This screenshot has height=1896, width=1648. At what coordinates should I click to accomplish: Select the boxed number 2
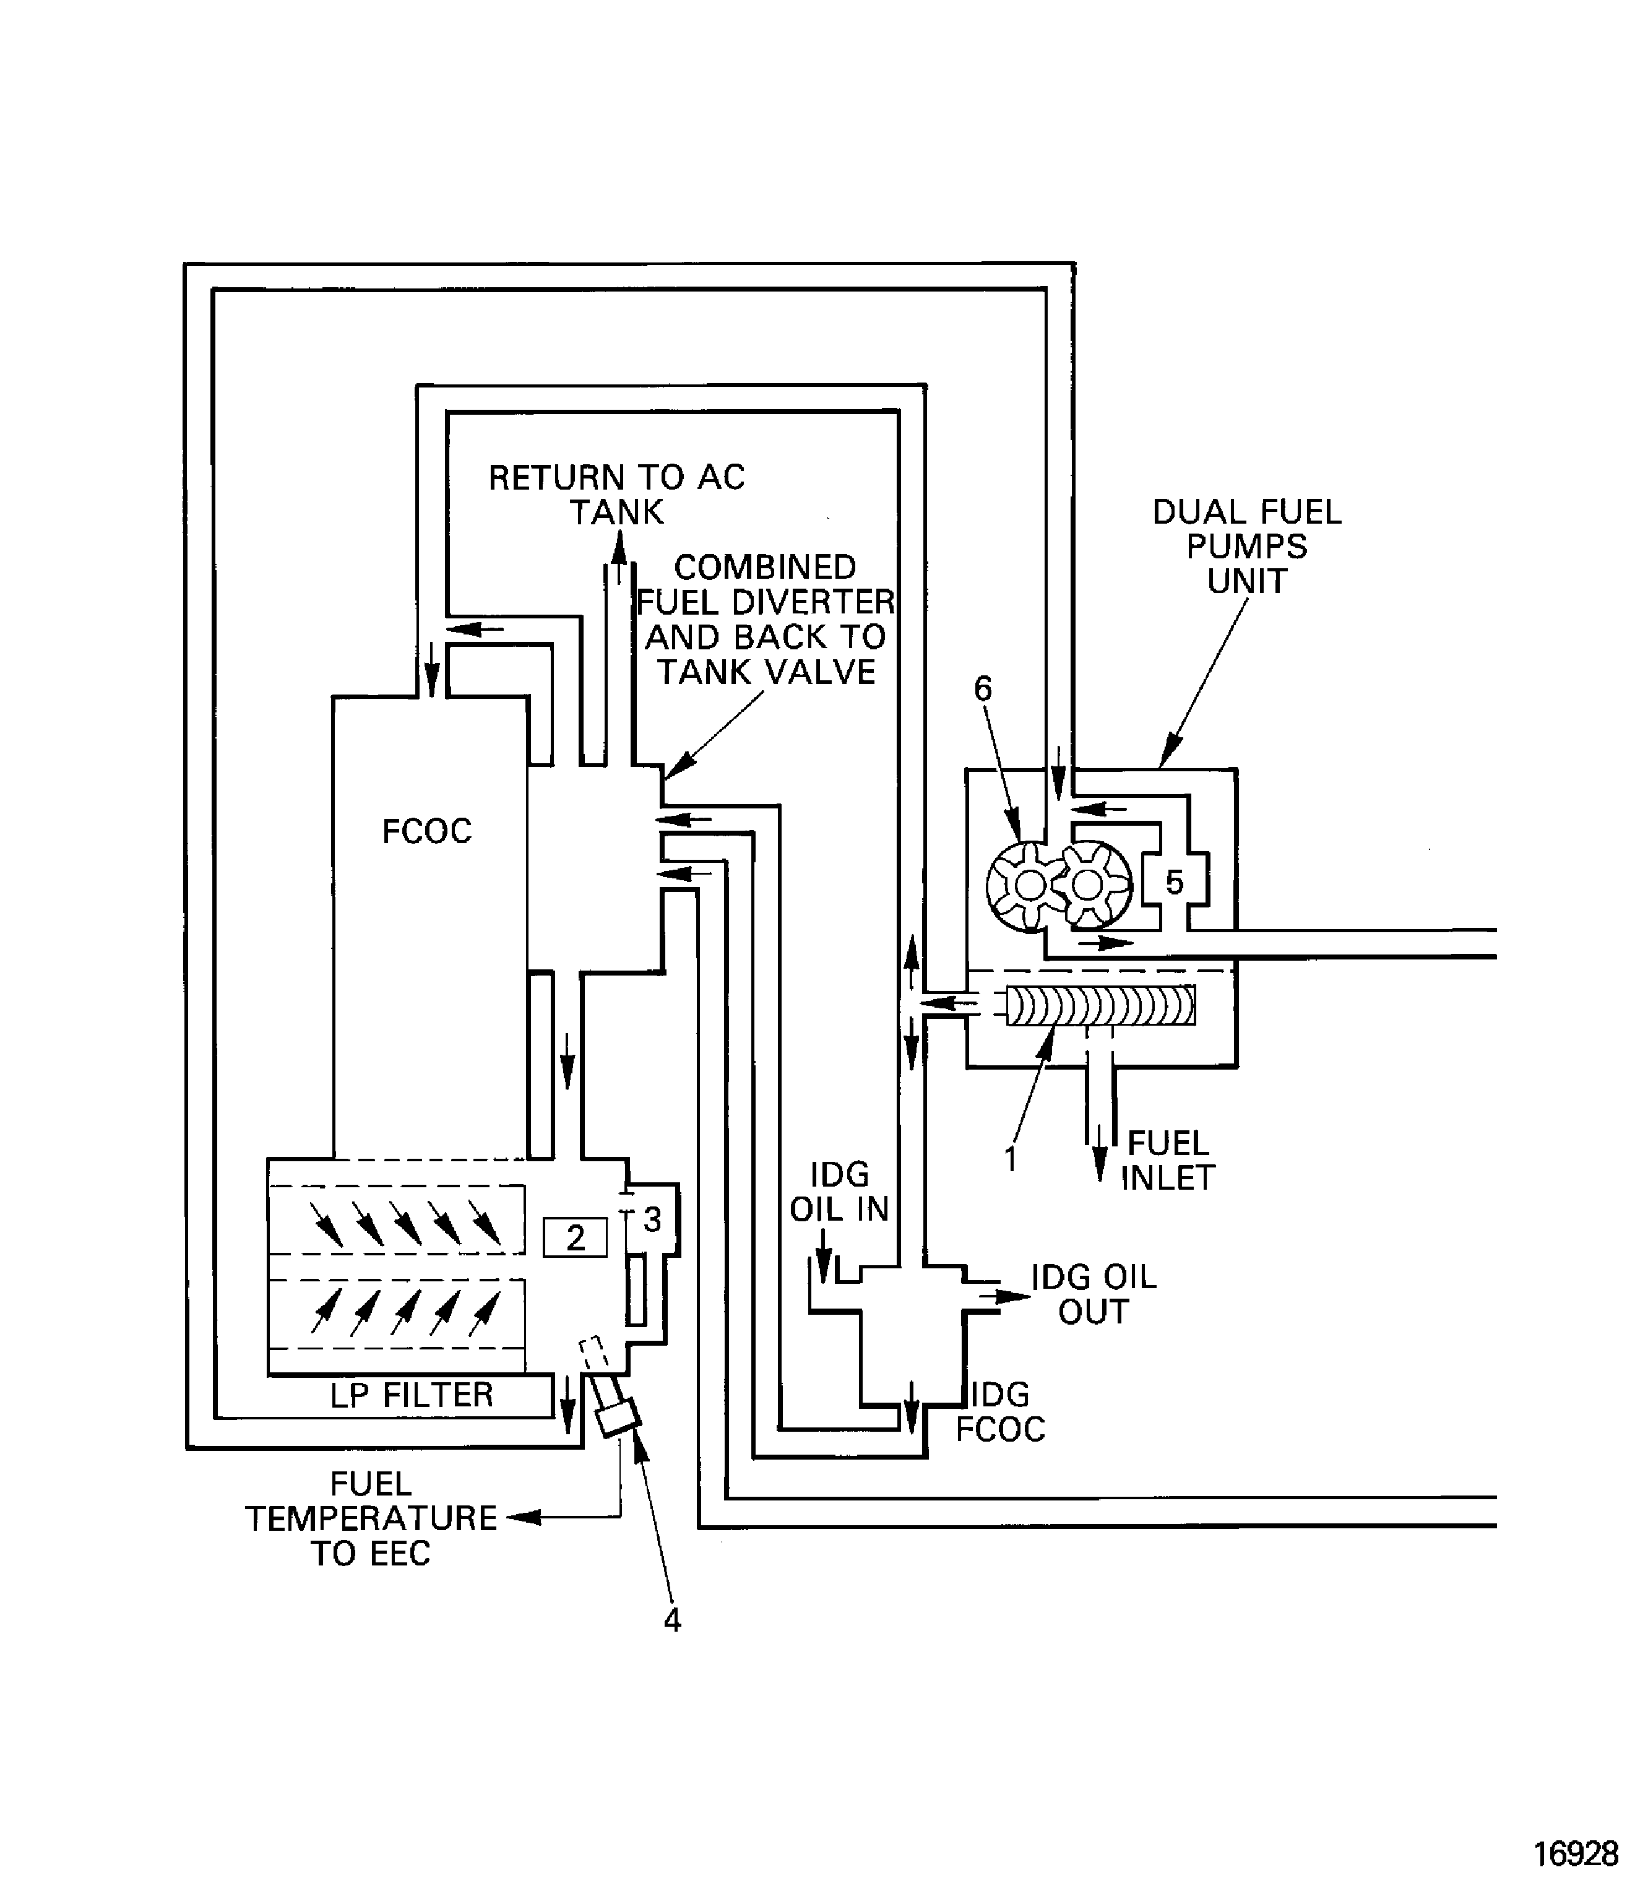click(575, 1237)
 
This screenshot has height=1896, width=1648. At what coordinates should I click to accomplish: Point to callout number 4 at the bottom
click(671, 1620)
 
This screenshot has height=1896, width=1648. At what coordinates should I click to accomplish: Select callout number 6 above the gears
click(983, 688)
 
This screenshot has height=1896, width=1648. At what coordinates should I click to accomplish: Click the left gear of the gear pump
click(1027, 886)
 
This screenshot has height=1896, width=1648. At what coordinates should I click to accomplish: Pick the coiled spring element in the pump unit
click(1101, 1005)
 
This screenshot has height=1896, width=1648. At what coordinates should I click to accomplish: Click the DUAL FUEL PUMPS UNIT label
click(1246, 547)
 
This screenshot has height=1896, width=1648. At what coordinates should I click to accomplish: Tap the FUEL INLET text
click(1167, 1160)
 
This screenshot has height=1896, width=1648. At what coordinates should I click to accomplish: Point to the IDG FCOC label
click(1001, 1412)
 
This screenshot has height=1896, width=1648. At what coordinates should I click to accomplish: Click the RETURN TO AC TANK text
click(616, 494)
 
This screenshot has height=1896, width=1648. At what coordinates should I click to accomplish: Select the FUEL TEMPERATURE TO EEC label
click(371, 1518)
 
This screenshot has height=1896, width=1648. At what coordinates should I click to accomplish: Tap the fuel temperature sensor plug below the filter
click(617, 1418)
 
